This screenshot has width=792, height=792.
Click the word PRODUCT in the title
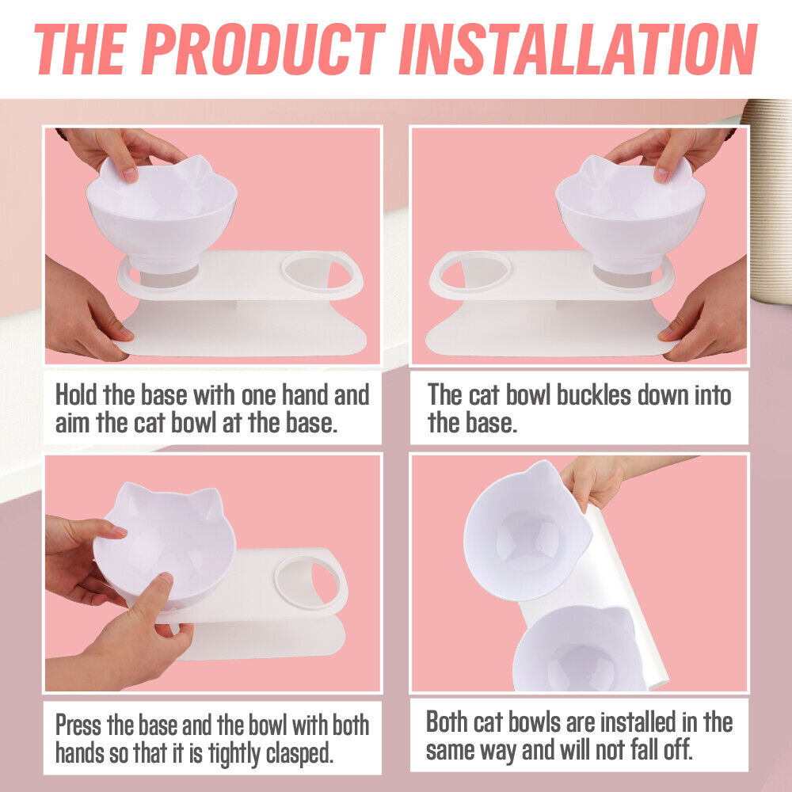coord(263,49)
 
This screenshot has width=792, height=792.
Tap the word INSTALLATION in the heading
coord(578,49)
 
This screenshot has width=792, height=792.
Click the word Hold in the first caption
coord(76,394)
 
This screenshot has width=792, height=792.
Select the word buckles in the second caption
coord(594,394)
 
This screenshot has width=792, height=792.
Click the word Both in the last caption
coord(447,722)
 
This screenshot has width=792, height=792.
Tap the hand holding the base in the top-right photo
coord(705,313)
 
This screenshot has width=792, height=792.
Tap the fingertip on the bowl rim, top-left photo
coord(130,175)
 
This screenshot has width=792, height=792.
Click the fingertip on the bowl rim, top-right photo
coord(661,175)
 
